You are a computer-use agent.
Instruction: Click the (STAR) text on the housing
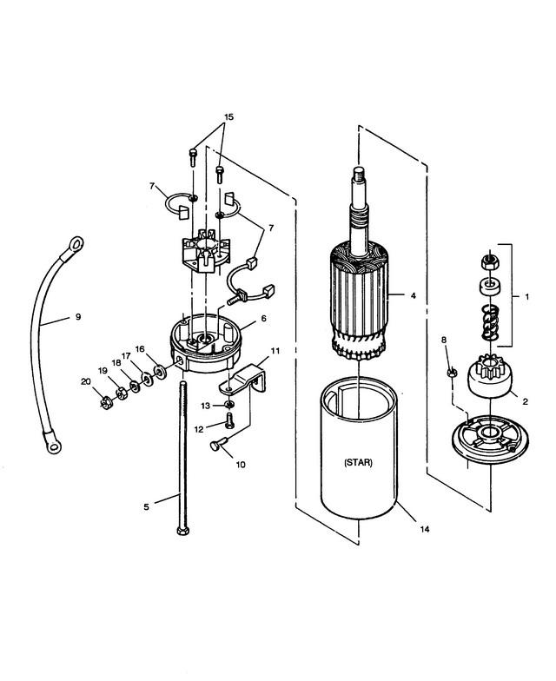tap(358, 462)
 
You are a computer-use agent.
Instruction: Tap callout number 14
tap(424, 529)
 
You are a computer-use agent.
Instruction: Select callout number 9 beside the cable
tap(78, 317)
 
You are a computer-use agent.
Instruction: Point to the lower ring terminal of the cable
tap(52, 443)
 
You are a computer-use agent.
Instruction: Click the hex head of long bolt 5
tap(182, 531)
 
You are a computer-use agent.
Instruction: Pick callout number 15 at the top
tap(229, 116)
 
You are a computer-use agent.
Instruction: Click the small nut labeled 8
tap(452, 372)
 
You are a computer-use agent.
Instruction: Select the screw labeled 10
tap(217, 445)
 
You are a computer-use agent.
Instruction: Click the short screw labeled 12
tap(229, 420)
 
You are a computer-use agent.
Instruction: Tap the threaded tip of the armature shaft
tap(358, 175)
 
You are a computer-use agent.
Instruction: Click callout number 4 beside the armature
tap(413, 295)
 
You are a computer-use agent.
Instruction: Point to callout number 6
tap(264, 318)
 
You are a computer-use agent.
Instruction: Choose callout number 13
tap(205, 406)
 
